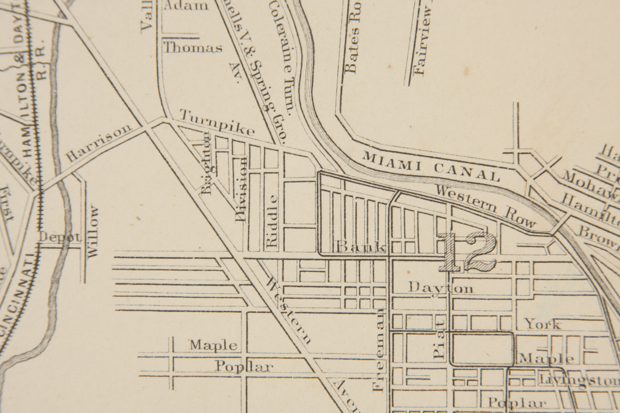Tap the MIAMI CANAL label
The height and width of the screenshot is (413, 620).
tap(431, 167)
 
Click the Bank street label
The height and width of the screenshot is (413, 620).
tap(361, 248)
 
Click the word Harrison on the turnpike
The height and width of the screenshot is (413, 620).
tap(100, 143)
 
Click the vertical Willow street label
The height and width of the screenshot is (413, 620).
tap(93, 232)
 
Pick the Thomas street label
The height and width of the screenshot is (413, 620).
tap(193, 48)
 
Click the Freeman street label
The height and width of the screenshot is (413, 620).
tap(379, 350)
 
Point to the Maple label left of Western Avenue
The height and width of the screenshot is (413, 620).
tap(214, 345)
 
